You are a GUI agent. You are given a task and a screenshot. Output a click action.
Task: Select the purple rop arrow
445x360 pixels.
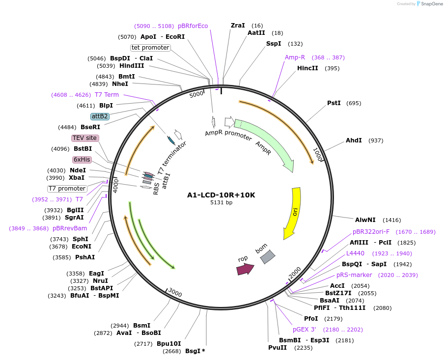[x=245, y=269]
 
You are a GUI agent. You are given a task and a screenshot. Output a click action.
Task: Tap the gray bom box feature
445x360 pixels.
[x=267, y=256]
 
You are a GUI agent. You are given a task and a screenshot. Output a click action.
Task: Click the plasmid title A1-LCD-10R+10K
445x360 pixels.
[x=221, y=195]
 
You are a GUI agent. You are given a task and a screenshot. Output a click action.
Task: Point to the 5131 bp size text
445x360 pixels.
[x=221, y=202]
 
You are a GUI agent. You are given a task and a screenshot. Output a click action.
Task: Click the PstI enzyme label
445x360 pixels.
[x=334, y=103]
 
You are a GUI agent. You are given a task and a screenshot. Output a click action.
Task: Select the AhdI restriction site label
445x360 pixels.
[x=354, y=140]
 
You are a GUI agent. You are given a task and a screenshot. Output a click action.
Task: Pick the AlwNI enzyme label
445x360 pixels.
[x=365, y=220]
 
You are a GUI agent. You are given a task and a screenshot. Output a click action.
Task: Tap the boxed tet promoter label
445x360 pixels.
[x=150, y=48]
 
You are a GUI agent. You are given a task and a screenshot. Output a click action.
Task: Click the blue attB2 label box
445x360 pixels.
[x=100, y=116]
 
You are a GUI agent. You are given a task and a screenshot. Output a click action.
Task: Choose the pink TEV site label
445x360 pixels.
[x=85, y=138]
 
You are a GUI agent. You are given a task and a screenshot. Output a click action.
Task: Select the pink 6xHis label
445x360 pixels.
[x=82, y=160]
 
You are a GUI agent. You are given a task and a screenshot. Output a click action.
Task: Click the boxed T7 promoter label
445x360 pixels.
[x=67, y=189]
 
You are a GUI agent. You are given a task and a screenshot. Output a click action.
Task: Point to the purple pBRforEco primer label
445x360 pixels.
[x=193, y=26]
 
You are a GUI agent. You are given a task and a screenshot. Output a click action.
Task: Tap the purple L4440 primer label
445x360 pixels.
[x=356, y=253]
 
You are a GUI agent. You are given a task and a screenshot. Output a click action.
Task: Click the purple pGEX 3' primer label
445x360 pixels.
[x=305, y=330]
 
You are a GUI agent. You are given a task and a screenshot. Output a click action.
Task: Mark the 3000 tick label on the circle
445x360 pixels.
[x=175, y=293]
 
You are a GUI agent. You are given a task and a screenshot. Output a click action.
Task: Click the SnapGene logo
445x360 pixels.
[x=429, y=4]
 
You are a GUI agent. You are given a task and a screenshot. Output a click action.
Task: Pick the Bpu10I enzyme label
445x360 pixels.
[x=168, y=344]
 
